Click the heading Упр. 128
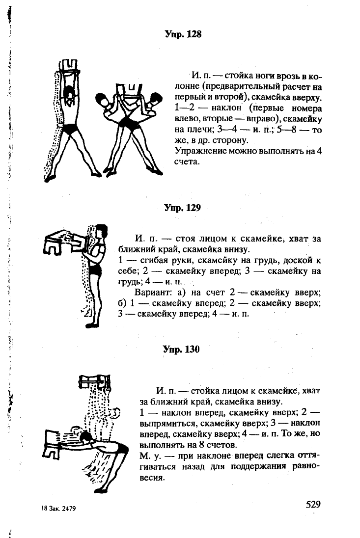pos(183,34)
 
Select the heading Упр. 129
pos(182,208)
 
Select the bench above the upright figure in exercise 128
pos(68,67)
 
